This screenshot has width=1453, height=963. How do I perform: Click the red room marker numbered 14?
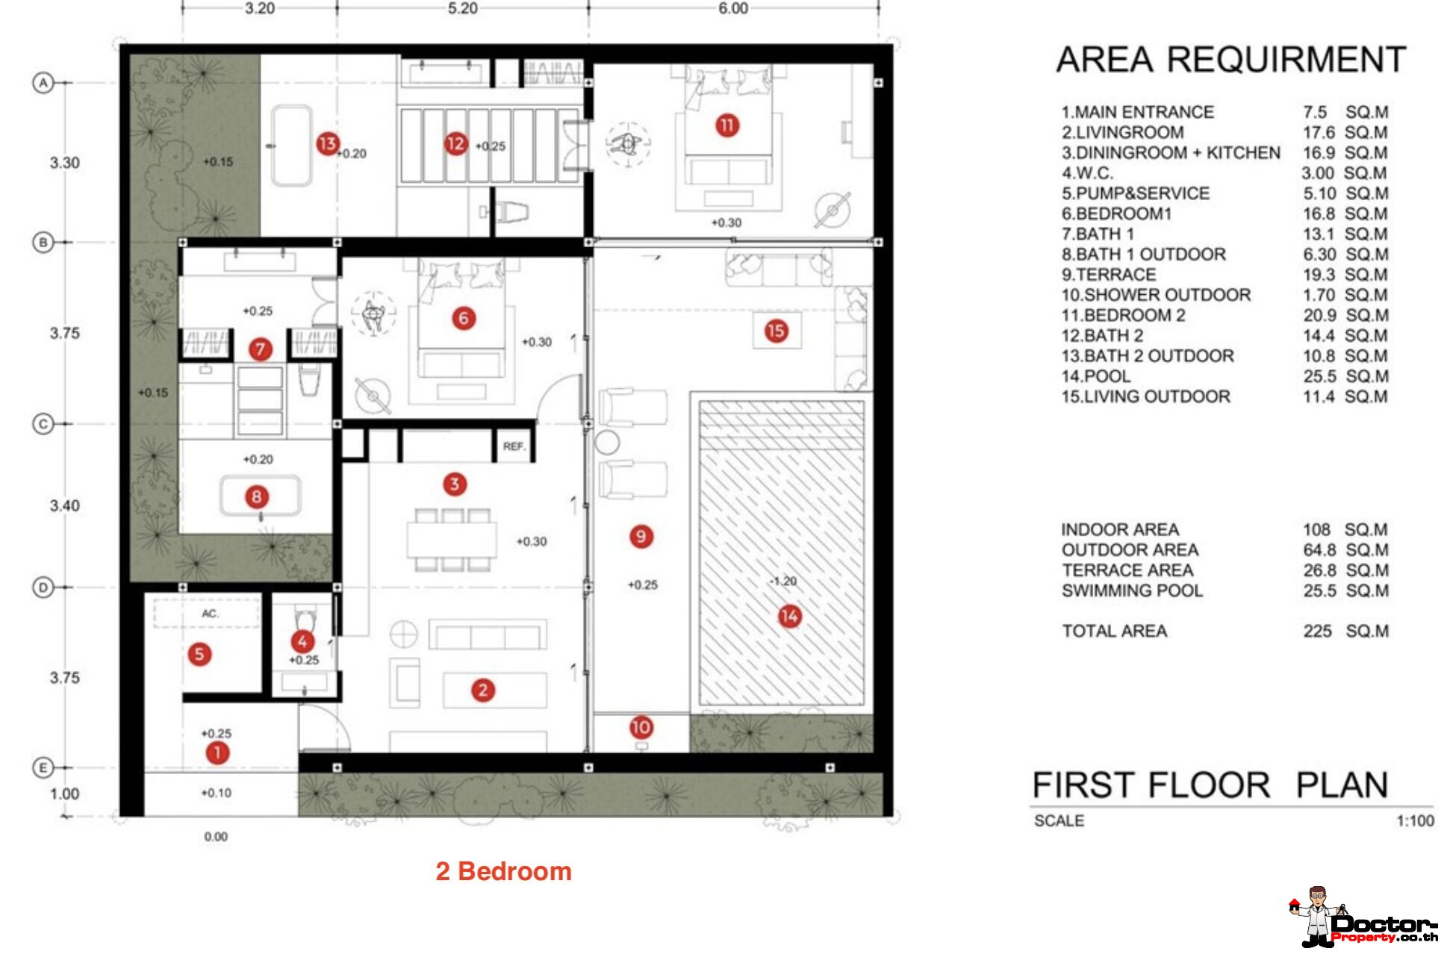point(789,617)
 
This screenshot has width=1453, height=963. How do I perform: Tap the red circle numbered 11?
point(727,125)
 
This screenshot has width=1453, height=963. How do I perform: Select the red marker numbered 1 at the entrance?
point(217,752)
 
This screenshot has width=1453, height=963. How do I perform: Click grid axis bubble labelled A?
point(43,83)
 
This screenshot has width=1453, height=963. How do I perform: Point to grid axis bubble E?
point(43,767)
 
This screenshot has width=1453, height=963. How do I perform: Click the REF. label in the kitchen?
point(514,446)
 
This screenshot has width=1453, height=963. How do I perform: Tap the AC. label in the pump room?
point(211,614)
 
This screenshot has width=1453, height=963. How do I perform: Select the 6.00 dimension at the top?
point(733,9)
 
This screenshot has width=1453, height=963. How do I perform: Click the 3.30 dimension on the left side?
point(65,163)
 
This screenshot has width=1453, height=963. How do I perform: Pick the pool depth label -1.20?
point(783,582)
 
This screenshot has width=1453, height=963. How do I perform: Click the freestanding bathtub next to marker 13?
point(291,146)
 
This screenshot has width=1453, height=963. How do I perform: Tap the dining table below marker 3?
point(452,539)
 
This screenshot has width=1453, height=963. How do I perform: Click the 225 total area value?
point(1318,632)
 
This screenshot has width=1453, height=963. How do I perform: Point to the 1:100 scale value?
point(1415,821)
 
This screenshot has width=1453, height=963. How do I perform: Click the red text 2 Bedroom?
point(504,871)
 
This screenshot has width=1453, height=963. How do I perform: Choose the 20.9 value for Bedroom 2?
point(1319,316)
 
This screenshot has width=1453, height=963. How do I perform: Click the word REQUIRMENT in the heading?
point(1286,60)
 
